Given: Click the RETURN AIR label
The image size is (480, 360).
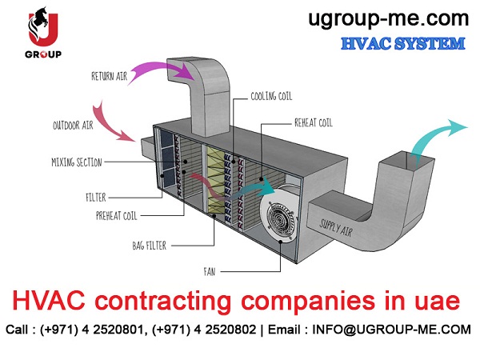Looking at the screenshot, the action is (x=110, y=76).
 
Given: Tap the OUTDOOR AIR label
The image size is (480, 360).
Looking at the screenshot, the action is (x=73, y=126).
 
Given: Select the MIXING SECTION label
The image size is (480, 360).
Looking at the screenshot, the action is (x=77, y=162).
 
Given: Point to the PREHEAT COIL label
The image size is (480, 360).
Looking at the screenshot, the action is (x=116, y=216).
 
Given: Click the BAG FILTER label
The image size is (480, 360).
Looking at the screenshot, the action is (x=150, y=246).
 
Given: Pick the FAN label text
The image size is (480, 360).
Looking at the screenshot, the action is (x=210, y=271).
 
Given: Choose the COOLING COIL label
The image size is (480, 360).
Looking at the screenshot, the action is (x=271, y=96).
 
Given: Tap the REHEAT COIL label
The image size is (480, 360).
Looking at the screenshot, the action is (x=313, y=122).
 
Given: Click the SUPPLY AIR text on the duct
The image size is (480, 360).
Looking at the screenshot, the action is (x=336, y=227).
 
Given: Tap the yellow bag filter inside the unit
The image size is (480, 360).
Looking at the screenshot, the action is (x=215, y=181).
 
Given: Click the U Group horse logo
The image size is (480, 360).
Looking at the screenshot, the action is (x=43, y=32).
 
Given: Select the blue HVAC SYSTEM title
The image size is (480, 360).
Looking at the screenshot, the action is (x=403, y=43).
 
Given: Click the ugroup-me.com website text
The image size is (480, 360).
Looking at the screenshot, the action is (x=388, y=19).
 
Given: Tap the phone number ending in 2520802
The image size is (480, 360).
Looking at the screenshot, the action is (x=204, y=330).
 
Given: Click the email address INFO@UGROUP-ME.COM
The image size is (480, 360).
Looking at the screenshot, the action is (x=391, y=330).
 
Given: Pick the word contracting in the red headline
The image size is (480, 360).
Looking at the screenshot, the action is (x=163, y=302).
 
